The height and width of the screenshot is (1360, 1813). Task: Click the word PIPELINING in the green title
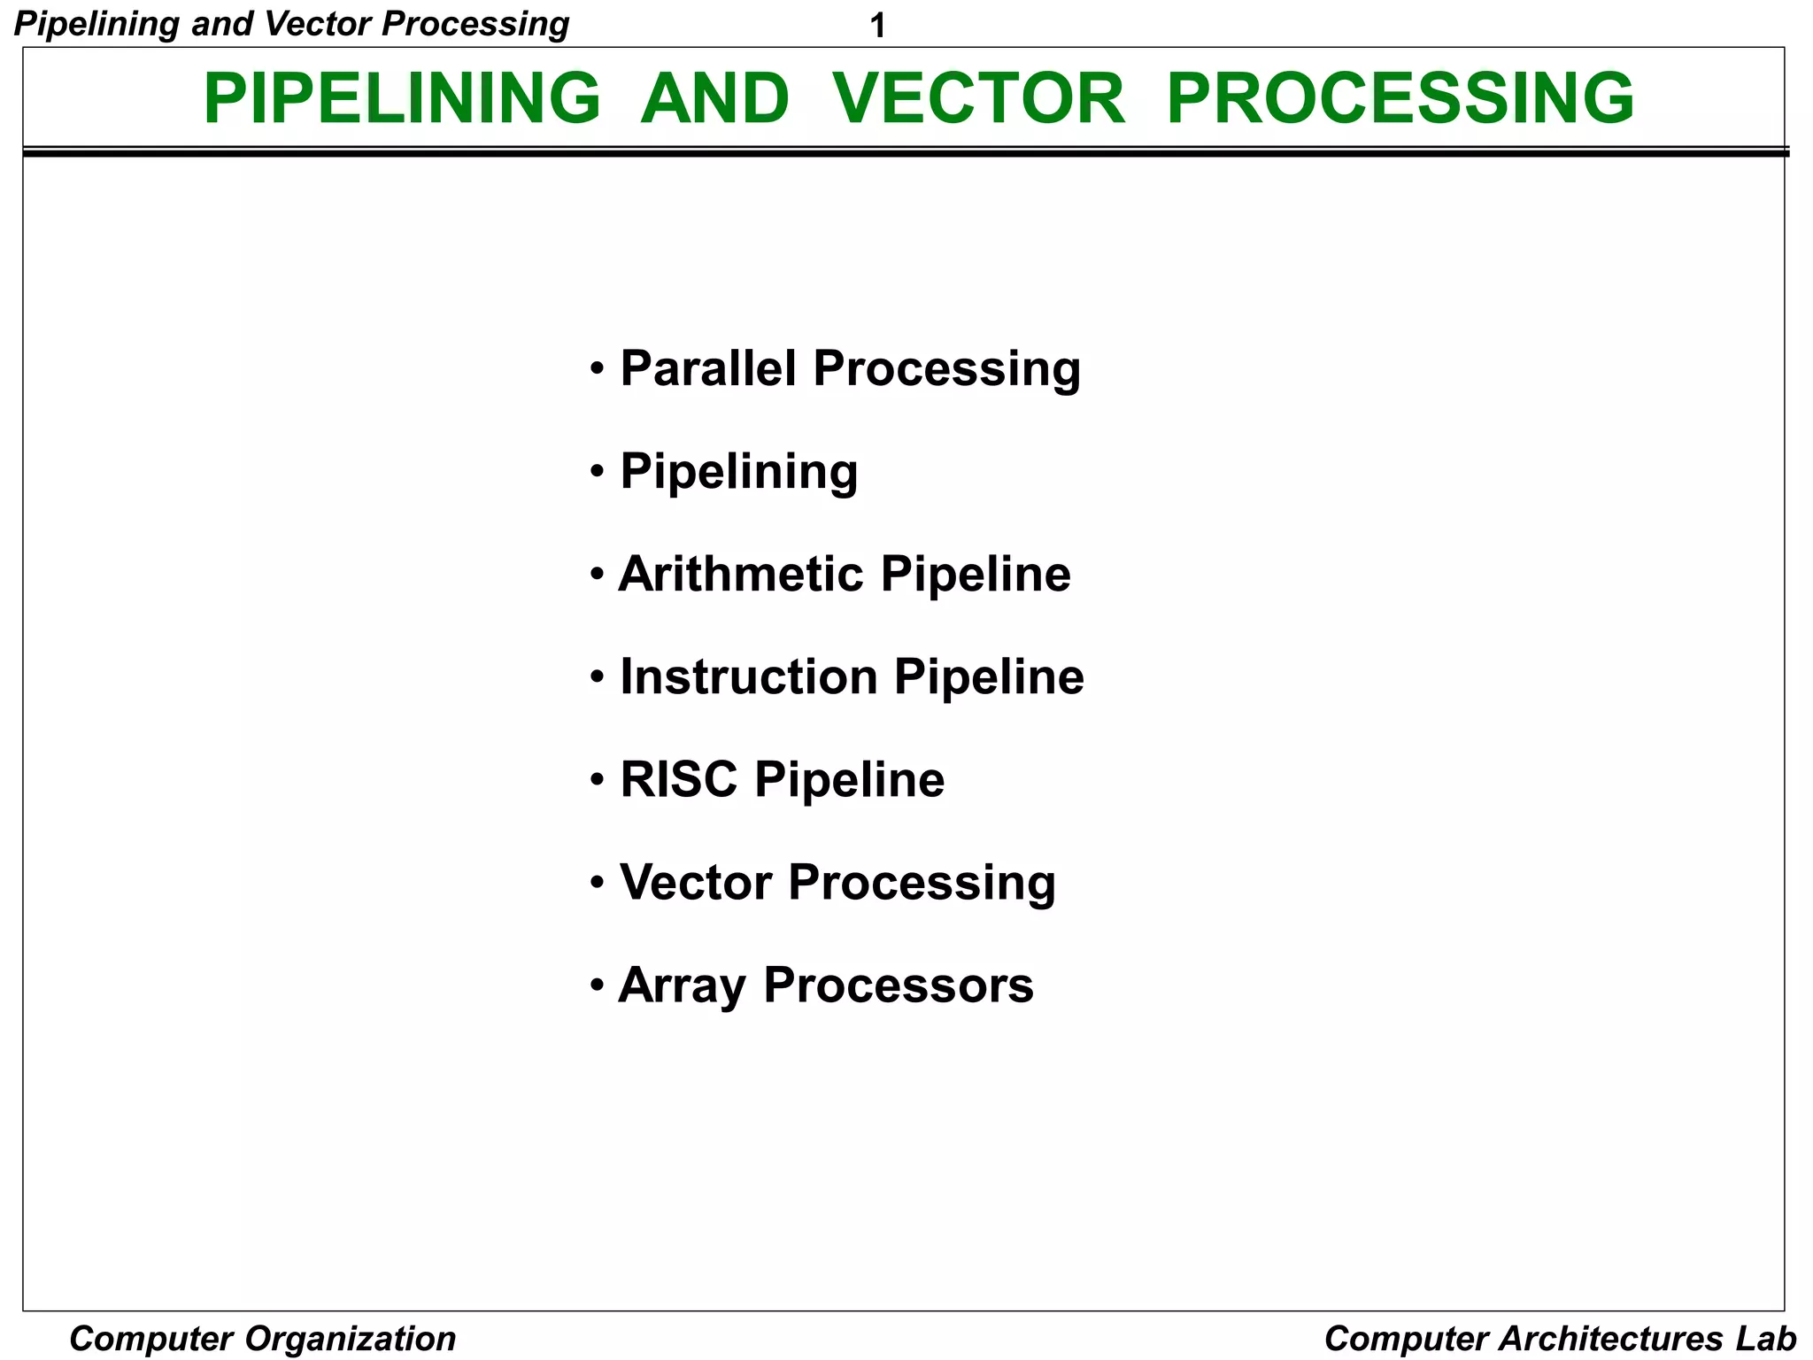(402, 97)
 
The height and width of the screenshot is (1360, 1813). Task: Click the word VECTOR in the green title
(978, 97)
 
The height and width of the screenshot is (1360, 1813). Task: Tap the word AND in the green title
(714, 97)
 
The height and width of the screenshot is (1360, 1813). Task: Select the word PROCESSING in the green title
(1400, 97)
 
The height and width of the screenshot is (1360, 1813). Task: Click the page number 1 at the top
(877, 27)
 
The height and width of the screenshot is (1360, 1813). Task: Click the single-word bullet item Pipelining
(738, 471)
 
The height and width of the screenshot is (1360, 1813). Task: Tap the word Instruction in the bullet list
(749, 676)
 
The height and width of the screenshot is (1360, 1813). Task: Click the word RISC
(678, 779)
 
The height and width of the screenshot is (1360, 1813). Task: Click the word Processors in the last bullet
(898, 985)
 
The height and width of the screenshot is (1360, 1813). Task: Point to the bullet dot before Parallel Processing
(598, 367)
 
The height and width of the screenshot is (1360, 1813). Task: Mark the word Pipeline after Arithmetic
(976, 574)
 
